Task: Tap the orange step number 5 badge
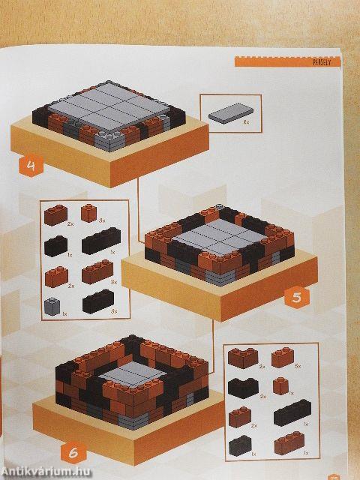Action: click(297, 297)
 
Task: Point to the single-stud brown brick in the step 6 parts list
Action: click(280, 387)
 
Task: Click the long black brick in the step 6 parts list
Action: click(291, 413)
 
